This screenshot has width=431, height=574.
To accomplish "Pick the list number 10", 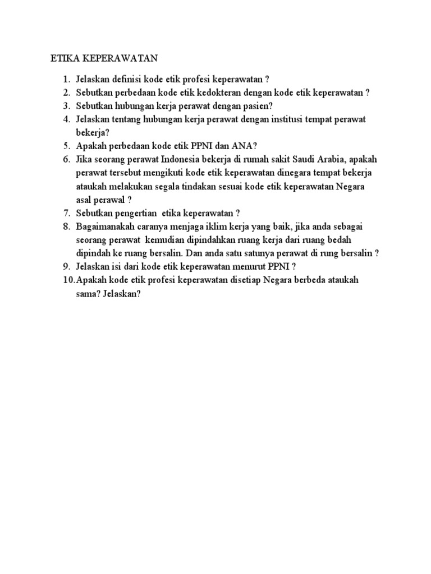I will (x=68, y=279).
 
